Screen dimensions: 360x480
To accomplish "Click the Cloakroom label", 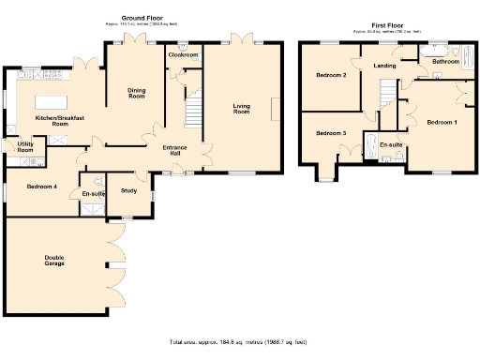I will pyautogui.click(x=182, y=55).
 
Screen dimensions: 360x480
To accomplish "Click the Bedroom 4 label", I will pyautogui.click(x=42, y=187).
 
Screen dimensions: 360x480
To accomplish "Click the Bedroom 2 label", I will pyautogui.click(x=331, y=75).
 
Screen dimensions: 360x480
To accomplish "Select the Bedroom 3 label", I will pyautogui.click(x=331, y=133).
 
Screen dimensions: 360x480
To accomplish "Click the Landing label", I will pyautogui.click(x=384, y=66).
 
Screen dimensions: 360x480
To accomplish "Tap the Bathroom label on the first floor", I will pyautogui.click(x=445, y=61).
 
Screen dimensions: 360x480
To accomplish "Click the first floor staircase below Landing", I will pyautogui.click(x=387, y=94).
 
